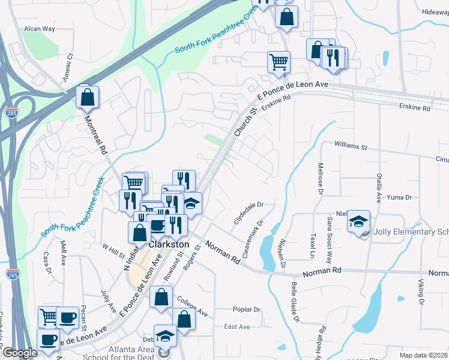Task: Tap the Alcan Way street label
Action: coord(40,29)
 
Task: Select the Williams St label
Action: coord(351,146)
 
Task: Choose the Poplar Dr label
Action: coord(247,310)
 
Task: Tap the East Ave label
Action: coord(237,327)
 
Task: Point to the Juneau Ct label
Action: coord(67,68)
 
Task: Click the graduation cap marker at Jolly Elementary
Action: coord(358,221)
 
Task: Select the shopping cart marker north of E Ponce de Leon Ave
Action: coord(279,61)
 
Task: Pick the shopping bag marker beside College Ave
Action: coord(161,297)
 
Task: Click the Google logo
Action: coord(20,353)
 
